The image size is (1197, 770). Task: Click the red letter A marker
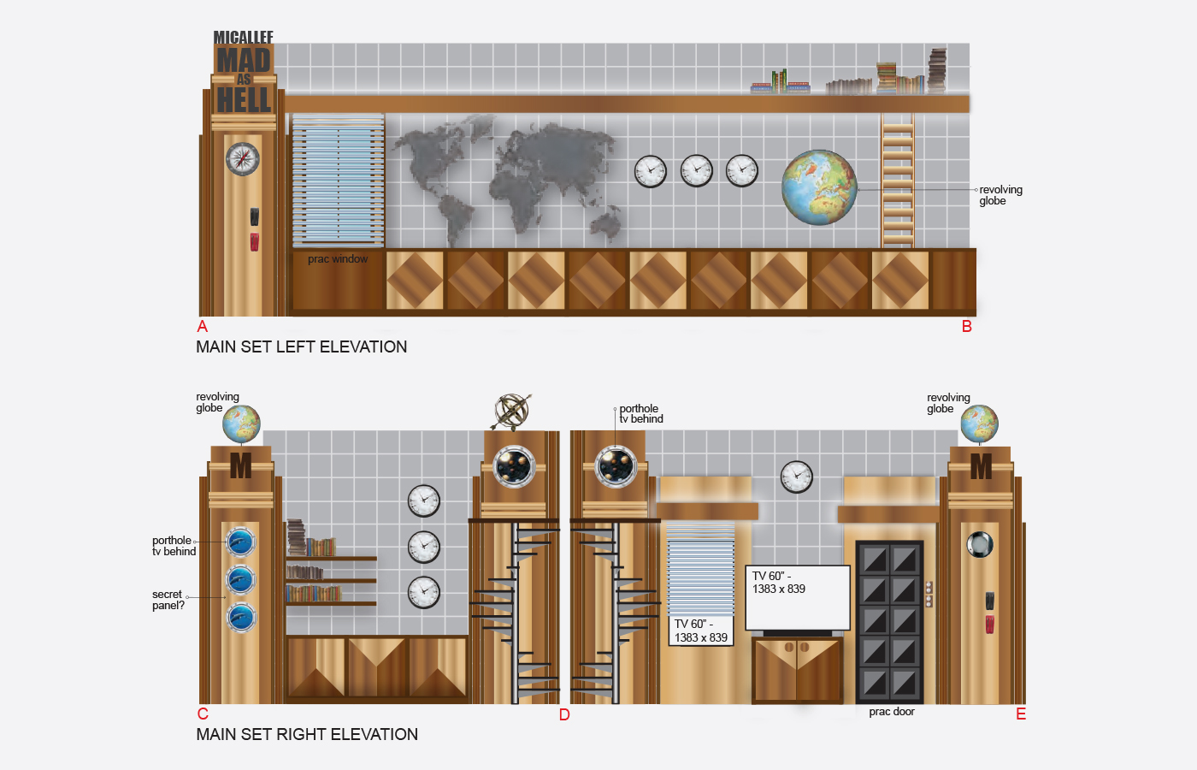click(203, 326)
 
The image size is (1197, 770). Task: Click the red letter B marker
click(967, 326)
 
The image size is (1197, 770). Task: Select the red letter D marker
click(564, 714)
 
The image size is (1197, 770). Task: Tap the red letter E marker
click(1021, 714)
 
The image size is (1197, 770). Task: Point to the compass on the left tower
click(243, 158)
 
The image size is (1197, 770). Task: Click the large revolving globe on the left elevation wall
click(819, 187)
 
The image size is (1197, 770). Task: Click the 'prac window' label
click(338, 259)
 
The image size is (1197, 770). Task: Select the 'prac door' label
click(892, 712)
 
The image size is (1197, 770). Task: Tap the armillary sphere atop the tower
click(512, 412)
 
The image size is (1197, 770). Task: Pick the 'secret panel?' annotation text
click(168, 600)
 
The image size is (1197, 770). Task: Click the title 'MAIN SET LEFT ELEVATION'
click(302, 346)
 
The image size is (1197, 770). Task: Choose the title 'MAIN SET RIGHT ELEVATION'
click(307, 734)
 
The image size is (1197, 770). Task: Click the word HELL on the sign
click(244, 101)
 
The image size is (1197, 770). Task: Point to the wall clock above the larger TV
click(797, 477)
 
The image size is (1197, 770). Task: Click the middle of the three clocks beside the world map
click(696, 170)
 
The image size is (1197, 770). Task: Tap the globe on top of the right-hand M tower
click(979, 424)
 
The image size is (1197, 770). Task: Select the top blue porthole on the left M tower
click(241, 541)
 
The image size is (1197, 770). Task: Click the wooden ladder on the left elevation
click(898, 182)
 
